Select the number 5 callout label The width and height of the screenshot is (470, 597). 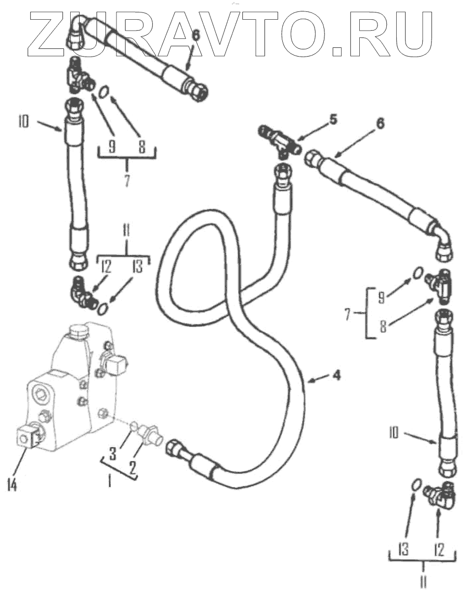(333, 119)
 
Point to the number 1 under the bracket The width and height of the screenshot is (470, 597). (110, 481)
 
